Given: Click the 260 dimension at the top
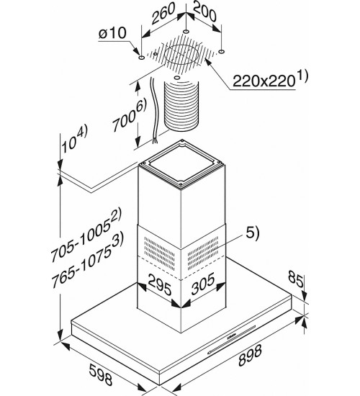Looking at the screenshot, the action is [x=163, y=13].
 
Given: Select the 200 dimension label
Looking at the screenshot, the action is [x=204, y=12].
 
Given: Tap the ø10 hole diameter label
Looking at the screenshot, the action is [x=112, y=33].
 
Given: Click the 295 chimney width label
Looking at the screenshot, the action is [x=160, y=284].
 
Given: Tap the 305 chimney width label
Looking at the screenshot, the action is [x=203, y=284].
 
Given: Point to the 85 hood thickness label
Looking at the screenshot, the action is [x=296, y=279].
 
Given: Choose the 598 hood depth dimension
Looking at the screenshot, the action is [x=100, y=374].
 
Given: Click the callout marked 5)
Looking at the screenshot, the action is [x=253, y=233].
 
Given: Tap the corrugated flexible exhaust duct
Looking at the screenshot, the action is [x=181, y=106].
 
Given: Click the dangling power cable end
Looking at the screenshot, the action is [x=155, y=140].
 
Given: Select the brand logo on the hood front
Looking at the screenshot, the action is [x=232, y=336].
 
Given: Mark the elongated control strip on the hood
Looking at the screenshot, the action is [x=231, y=340].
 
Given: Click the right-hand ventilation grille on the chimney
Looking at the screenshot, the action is [x=203, y=253].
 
